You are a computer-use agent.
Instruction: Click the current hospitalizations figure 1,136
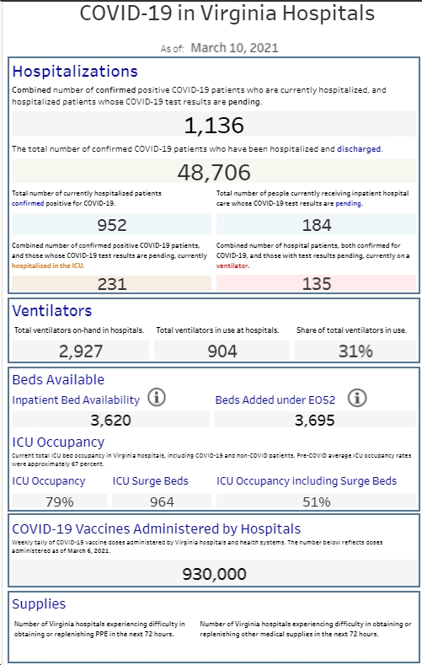(214, 126)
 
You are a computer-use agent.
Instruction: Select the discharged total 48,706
(214, 172)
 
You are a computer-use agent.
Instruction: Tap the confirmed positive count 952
(112, 225)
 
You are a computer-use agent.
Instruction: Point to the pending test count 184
(317, 225)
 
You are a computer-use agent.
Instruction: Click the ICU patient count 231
(112, 284)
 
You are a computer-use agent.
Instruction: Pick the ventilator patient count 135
(317, 284)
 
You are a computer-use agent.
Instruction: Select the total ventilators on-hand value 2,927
(81, 351)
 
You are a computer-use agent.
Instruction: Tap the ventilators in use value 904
(222, 351)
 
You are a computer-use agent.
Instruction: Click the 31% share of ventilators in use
(355, 351)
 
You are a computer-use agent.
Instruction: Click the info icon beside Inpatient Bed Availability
(157, 398)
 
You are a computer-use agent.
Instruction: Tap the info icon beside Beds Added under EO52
(357, 398)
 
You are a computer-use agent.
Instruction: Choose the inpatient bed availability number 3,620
(110, 421)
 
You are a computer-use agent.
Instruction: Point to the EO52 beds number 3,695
(315, 421)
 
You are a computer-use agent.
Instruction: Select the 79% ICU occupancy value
(59, 501)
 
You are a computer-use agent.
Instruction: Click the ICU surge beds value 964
(162, 501)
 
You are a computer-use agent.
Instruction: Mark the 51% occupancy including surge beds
(317, 501)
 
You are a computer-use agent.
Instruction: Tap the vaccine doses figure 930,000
(214, 574)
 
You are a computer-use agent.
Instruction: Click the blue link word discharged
(359, 149)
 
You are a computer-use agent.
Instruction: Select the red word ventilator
(232, 265)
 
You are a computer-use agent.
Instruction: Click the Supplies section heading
(39, 604)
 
